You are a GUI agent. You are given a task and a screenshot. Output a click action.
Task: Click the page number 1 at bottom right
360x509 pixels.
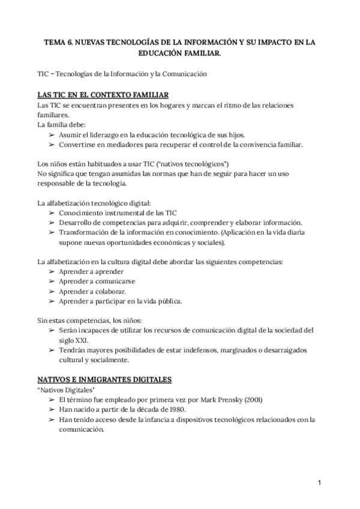320,481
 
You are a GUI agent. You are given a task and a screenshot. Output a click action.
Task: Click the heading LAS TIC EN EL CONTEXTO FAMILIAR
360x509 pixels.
103,95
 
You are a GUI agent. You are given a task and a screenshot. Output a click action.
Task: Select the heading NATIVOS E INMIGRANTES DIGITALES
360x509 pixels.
104,379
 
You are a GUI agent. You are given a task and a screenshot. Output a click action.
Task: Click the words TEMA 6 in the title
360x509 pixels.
61,43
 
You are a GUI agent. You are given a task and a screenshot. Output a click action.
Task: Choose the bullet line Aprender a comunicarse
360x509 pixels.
97,282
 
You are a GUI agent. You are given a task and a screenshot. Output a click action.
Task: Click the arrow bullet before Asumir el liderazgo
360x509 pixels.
52,135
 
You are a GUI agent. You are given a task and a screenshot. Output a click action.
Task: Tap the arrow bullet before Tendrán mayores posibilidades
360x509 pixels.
52,350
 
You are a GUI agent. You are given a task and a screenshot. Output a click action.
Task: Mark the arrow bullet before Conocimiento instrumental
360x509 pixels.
52,213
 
